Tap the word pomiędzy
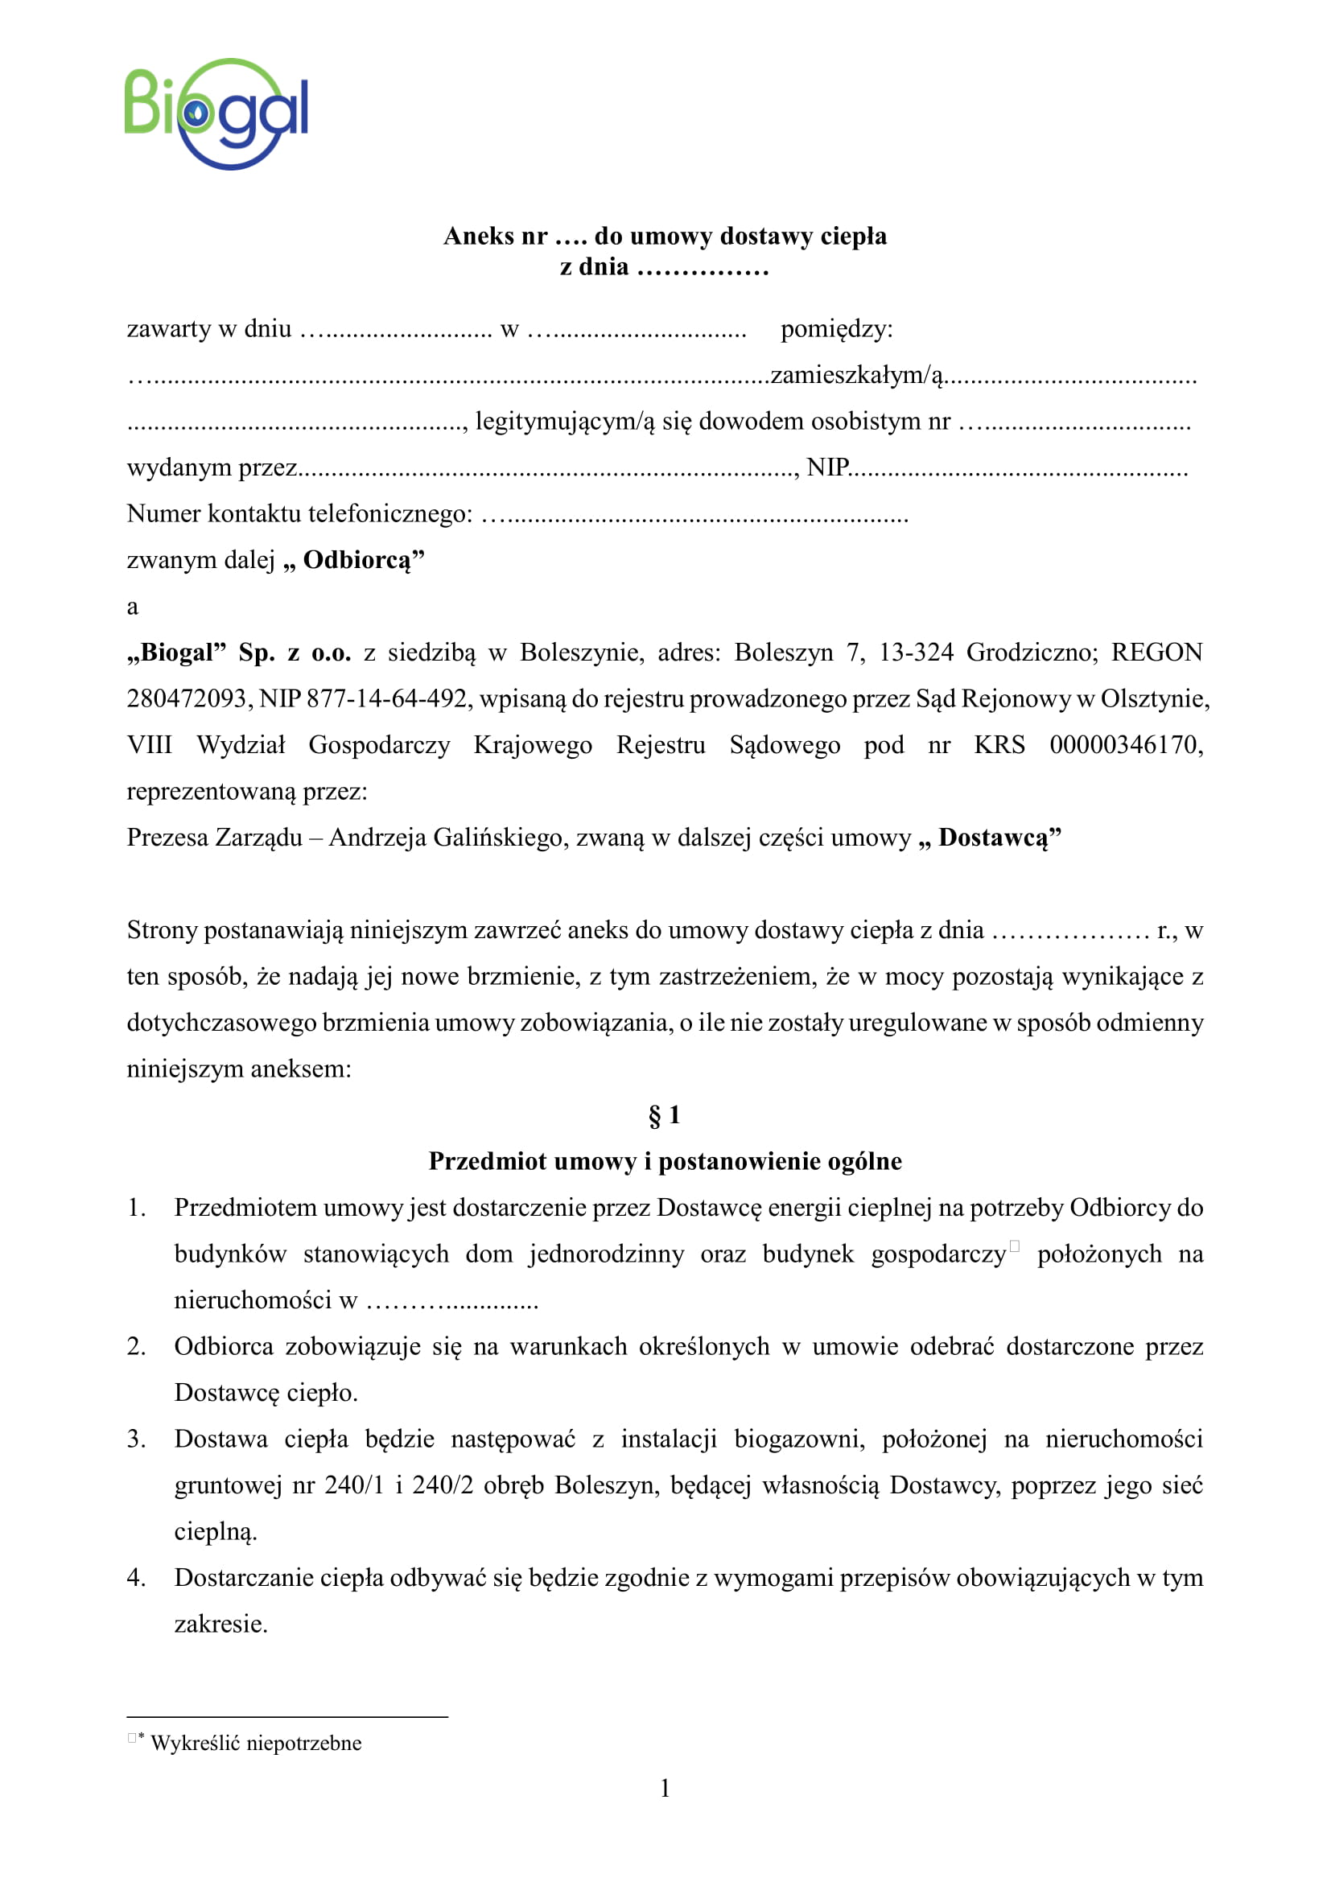(836, 330)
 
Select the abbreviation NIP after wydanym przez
(828, 468)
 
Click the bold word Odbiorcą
(356, 561)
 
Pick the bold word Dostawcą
(993, 838)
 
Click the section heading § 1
(664, 1115)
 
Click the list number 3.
(136, 1439)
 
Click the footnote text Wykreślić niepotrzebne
(256, 1743)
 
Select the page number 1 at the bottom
(665, 1789)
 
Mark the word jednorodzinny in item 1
(606, 1254)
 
